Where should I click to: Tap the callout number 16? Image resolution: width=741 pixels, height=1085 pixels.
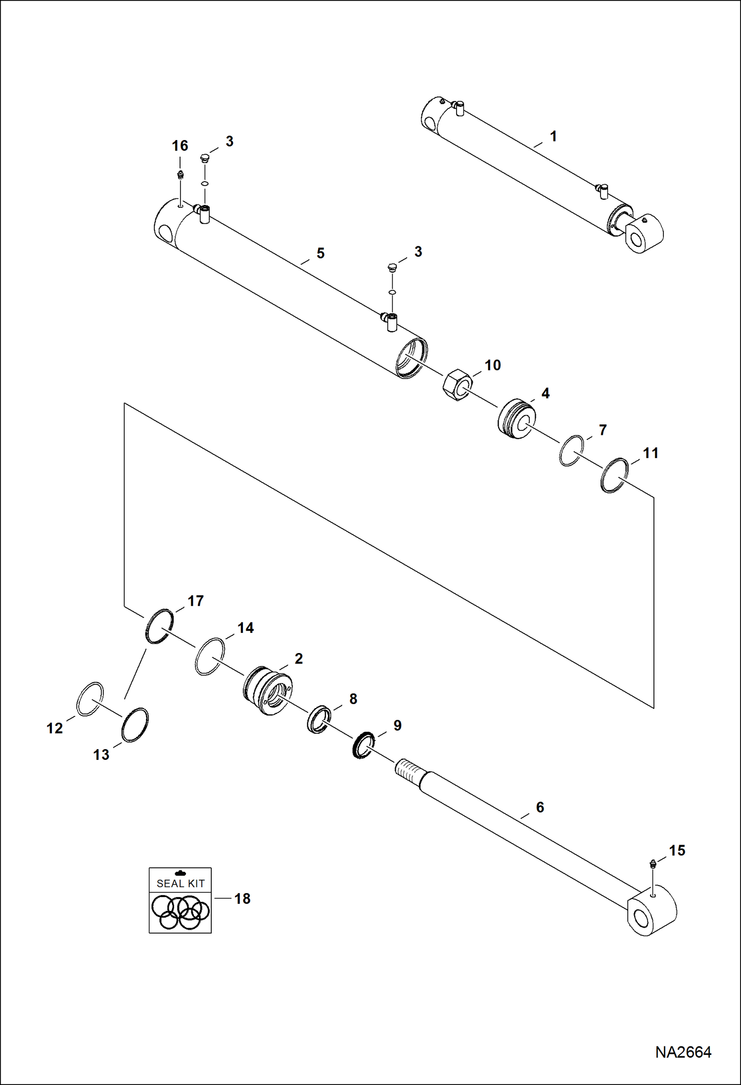pyautogui.click(x=180, y=146)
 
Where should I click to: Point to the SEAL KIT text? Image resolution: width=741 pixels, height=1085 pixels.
pyautogui.click(x=181, y=883)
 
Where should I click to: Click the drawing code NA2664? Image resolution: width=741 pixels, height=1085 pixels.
pyautogui.click(x=683, y=1052)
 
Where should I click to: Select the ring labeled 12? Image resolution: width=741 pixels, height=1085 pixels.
pyautogui.click(x=90, y=698)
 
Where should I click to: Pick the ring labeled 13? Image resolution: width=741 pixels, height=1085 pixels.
pyautogui.click(x=135, y=725)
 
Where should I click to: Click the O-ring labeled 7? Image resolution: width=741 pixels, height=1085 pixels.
pyautogui.click(x=571, y=450)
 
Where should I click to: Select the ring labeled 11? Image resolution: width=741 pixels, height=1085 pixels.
pyautogui.click(x=615, y=475)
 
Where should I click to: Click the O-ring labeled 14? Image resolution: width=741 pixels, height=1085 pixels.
pyautogui.click(x=210, y=657)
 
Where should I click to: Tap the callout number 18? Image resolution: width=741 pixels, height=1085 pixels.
pyautogui.click(x=242, y=898)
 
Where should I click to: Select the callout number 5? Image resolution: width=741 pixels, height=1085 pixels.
pyautogui.click(x=321, y=253)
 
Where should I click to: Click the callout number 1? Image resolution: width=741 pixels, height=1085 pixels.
pyautogui.click(x=554, y=136)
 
